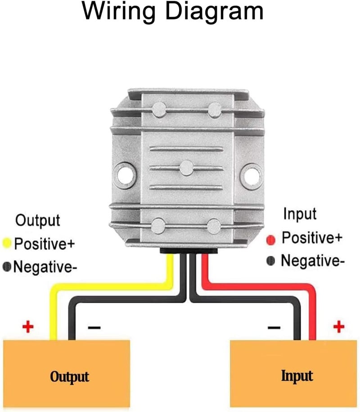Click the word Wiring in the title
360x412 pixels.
pyautogui.click(x=119, y=12)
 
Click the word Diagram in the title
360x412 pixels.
pyautogui.click(x=215, y=11)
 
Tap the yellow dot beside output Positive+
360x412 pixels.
pyautogui.click(x=7, y=243)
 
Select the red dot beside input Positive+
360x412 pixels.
pyautogui.click(x=271, y=240)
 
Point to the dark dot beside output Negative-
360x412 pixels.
pyautogui.click(x=7, y=267)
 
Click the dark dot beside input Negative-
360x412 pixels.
pyautogui.click(x=270, y=261)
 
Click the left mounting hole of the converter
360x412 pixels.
pyautogui.click(x=124, y=175)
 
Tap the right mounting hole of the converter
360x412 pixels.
pyautogui.click(x=252, y=176)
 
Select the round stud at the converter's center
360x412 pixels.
pyautogui.click(x=187, y=168)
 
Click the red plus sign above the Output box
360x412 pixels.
pyautogui.click(x=28, y=327)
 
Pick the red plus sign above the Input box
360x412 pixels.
pyautogui.click(x=339, y=326)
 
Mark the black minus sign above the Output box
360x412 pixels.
pyautogui.click(x=94, y=327)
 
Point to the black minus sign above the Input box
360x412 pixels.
pyautogui.click(x=274, y=327)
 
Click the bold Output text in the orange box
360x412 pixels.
pyautogui.click(x=70, y=377)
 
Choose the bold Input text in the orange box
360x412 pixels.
pyautogui.click(x=297, y=376)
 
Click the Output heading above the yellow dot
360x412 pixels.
pyautogui.click(x=38, y=220)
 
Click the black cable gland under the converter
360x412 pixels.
pyautogui.click(x=189, y=251)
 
